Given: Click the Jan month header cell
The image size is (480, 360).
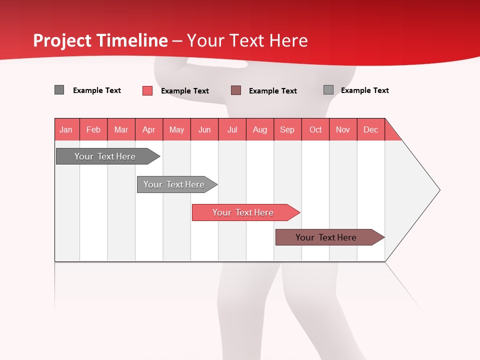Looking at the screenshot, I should [x=66, y=129].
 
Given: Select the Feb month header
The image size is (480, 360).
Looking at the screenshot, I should [x=93, y=129].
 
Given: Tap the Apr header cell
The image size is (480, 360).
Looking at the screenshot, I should [x=149, y=129].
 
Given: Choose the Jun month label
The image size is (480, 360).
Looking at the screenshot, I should [x=204, y=129].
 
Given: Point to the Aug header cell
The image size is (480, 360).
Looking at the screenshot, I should [x=260, y=129].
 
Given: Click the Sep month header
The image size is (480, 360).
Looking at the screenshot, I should [x=287, y=129].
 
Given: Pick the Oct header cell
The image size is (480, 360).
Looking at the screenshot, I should [x=315, y=129].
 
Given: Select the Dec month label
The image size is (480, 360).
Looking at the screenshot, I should [x=371, y=129].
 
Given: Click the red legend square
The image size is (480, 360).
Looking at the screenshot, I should [x=147, y=90].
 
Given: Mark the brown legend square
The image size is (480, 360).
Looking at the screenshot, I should [x=236, y=90].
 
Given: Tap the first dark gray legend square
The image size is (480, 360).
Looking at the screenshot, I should [x=59, y=90].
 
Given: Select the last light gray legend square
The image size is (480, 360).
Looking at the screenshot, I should [x=328, y=90].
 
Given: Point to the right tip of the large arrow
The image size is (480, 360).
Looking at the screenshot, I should [x=438, y=190].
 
